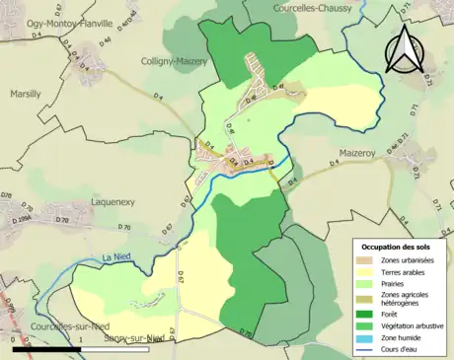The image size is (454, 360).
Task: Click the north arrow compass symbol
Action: [404, 49]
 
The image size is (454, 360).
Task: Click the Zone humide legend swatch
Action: [365, 338]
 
